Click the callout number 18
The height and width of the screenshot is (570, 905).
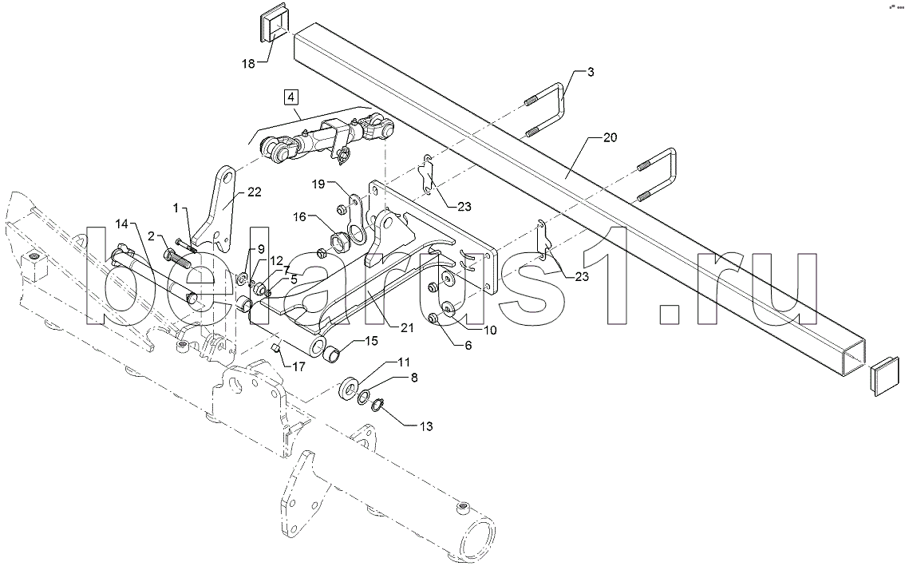pos(248,64)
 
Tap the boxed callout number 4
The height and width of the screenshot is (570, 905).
pos(290,97)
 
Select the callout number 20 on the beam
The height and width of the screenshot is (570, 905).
pos(610,137)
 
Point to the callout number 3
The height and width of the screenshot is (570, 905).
pos(591,72)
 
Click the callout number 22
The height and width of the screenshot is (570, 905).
pos(255,192)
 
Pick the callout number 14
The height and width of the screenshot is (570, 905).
pos(124,224)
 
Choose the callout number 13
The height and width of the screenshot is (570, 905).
pos(426,427)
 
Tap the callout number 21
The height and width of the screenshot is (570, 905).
pos(407,327)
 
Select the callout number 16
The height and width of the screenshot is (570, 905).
pos(299,216)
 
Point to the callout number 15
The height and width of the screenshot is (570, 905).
pos(371,342)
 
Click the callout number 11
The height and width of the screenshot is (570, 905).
pos(403,362)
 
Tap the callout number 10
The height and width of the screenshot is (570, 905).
pos(489,330)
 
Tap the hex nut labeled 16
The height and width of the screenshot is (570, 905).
pos(338,239)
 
